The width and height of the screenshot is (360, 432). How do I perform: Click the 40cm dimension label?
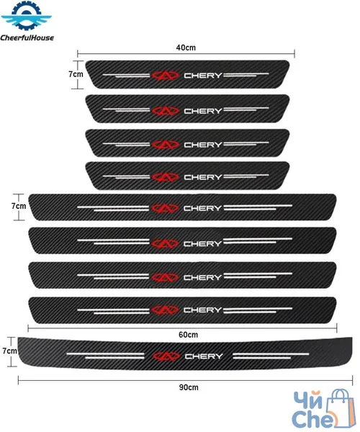pyautogui.click(x=186, y=48)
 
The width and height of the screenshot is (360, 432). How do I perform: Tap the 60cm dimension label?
pyautogui.click(x=188, y=335)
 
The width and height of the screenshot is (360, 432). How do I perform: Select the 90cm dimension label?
pyautogui.click(x=189, y=387)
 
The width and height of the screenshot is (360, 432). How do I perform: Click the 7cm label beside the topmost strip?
pyautogui.click(x=76, y=74)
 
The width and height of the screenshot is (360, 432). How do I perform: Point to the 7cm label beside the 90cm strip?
pyautogui.click(x=9, y=351)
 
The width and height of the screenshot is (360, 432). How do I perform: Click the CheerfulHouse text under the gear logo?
pyautogui.click(x=27, y=37)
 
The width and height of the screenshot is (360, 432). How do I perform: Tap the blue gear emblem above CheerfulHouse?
pyautogui.click(x=27, y=15)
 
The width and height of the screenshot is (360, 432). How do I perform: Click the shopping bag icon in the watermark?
pyautogui.click(x=340, y=408)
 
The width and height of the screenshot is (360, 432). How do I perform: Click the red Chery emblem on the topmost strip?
pyautogui.click(x=166, y=75)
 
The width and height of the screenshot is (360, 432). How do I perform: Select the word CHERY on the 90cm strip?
pyautogui.click(x=204, y=356)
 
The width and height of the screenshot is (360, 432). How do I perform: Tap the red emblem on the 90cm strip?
pyautogui.click(x=166, y=356)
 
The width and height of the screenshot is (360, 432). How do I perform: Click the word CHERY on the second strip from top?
pyautogui.click(x=203, y=111)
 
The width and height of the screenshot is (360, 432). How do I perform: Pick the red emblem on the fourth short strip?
pyautogui.click(x=166, y=177)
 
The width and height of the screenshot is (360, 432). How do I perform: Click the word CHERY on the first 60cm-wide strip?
pyautogui.click(x=203, y=208)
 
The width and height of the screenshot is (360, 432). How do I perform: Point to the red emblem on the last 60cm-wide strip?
pyautogui.click(x=165, y=310)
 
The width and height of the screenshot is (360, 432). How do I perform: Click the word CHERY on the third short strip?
pyautogui.click(x=203, y=145)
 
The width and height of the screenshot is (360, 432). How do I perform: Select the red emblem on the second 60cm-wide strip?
pyautogui.click(x=165, y=243)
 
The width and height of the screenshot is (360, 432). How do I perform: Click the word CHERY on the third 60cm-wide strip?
pyautogui.click(x=203, y=277)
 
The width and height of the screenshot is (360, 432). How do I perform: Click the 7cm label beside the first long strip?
pyautogui.click(x=19, y=206)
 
